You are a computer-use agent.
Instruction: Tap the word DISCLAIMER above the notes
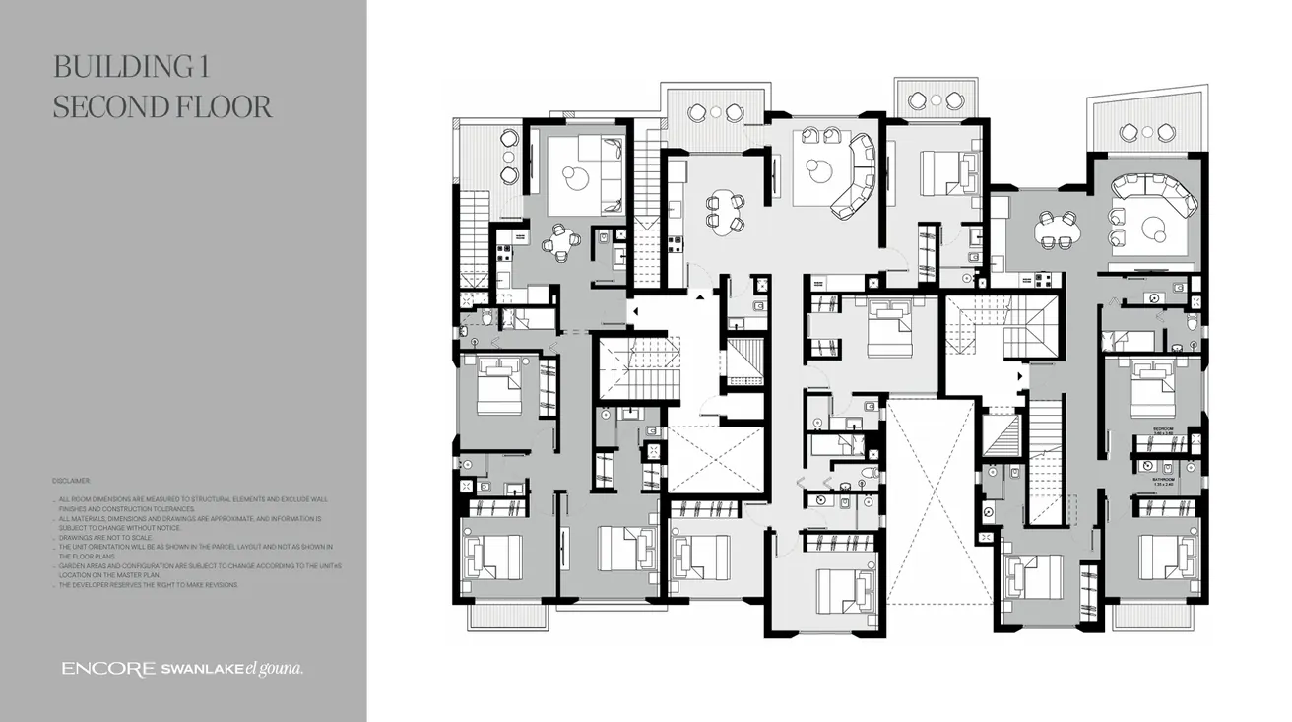coord(71,481)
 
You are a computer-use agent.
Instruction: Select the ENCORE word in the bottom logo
coord(107,669)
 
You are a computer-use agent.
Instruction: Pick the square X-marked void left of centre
coord(716,459)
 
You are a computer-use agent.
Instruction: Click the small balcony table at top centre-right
coord(935,100)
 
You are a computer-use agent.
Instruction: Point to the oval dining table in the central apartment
coord(724,213)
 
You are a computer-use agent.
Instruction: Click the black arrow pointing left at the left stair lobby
coord(634,312)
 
